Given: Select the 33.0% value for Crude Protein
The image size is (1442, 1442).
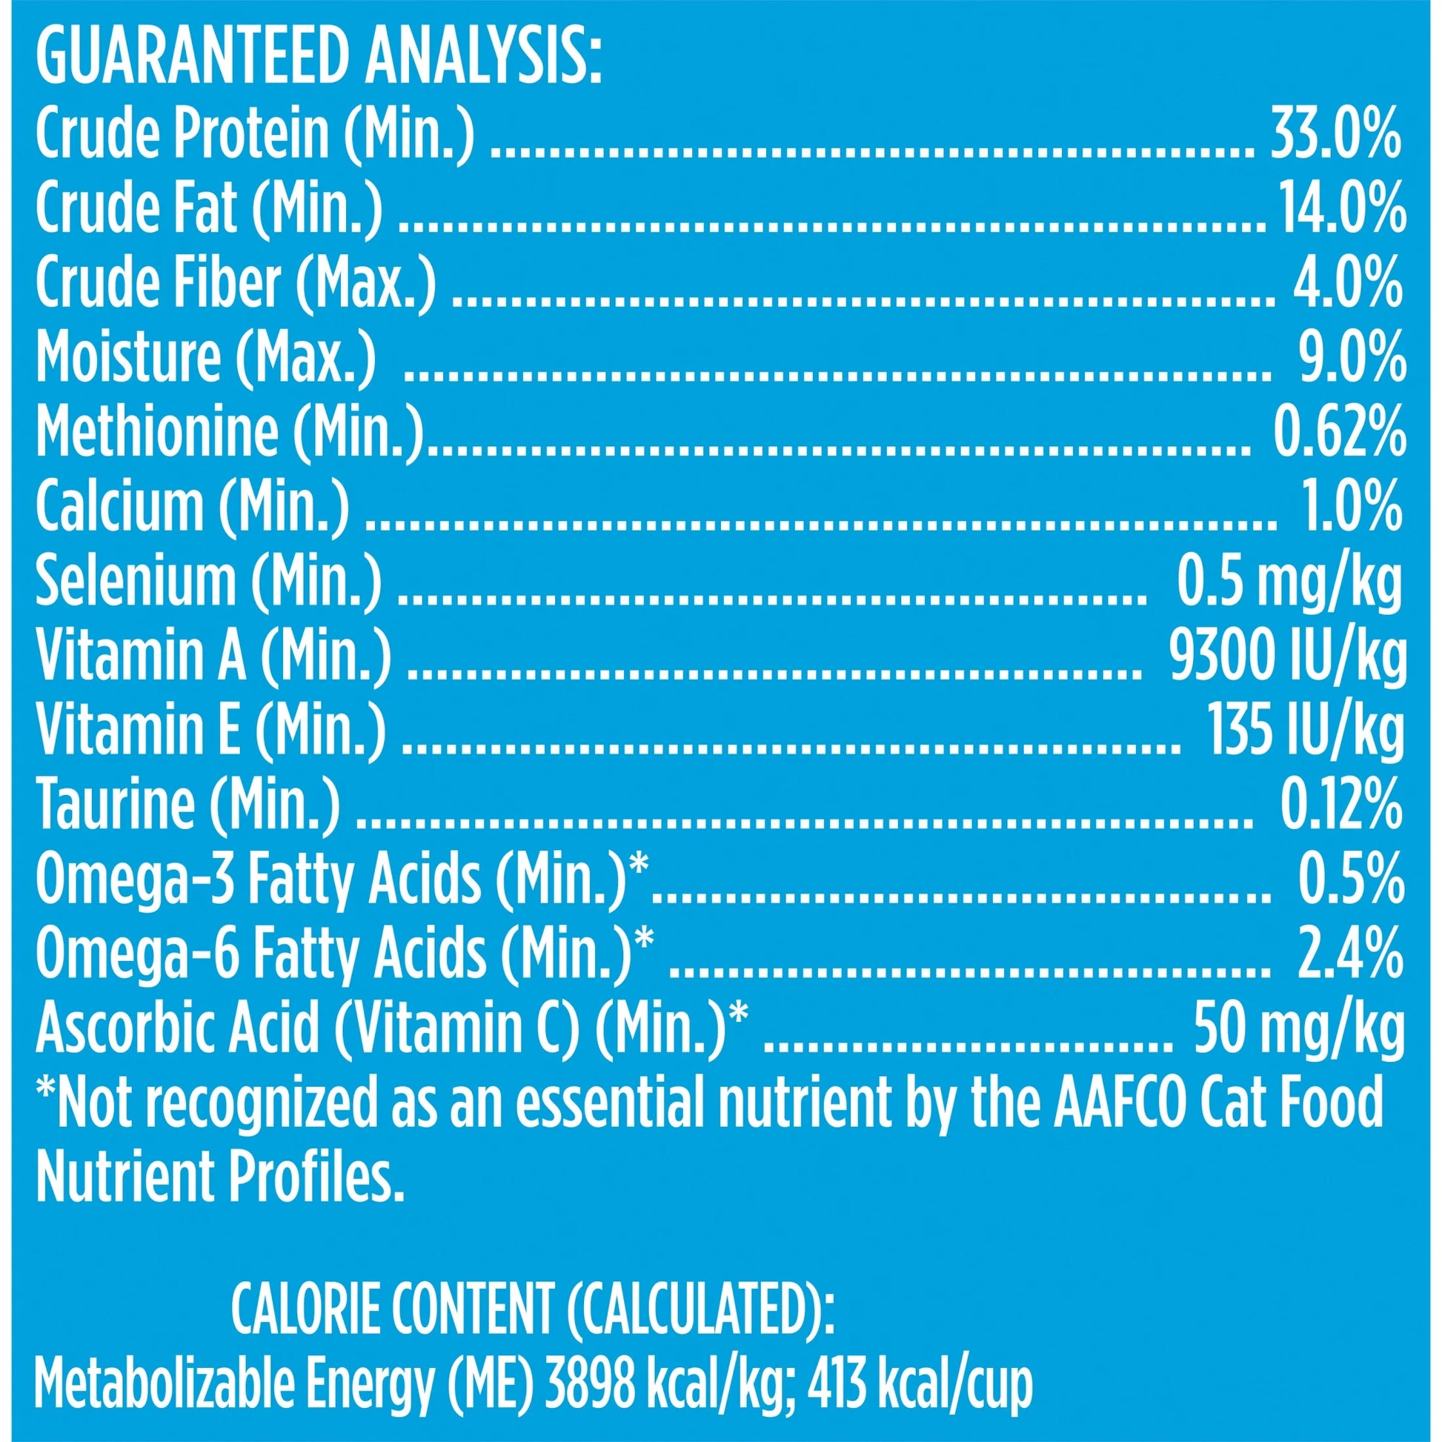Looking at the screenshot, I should point(1335,134).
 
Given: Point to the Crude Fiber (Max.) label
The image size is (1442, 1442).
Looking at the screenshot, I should point(235,283).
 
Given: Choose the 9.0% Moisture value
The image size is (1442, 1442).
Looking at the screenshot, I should point(1352,357).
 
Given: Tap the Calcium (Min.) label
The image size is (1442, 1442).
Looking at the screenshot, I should point(192,506).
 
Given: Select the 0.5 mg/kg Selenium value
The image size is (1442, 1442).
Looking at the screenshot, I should point(1290,582).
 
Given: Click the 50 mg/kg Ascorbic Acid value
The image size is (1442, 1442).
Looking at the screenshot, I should point(1300,1029).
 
